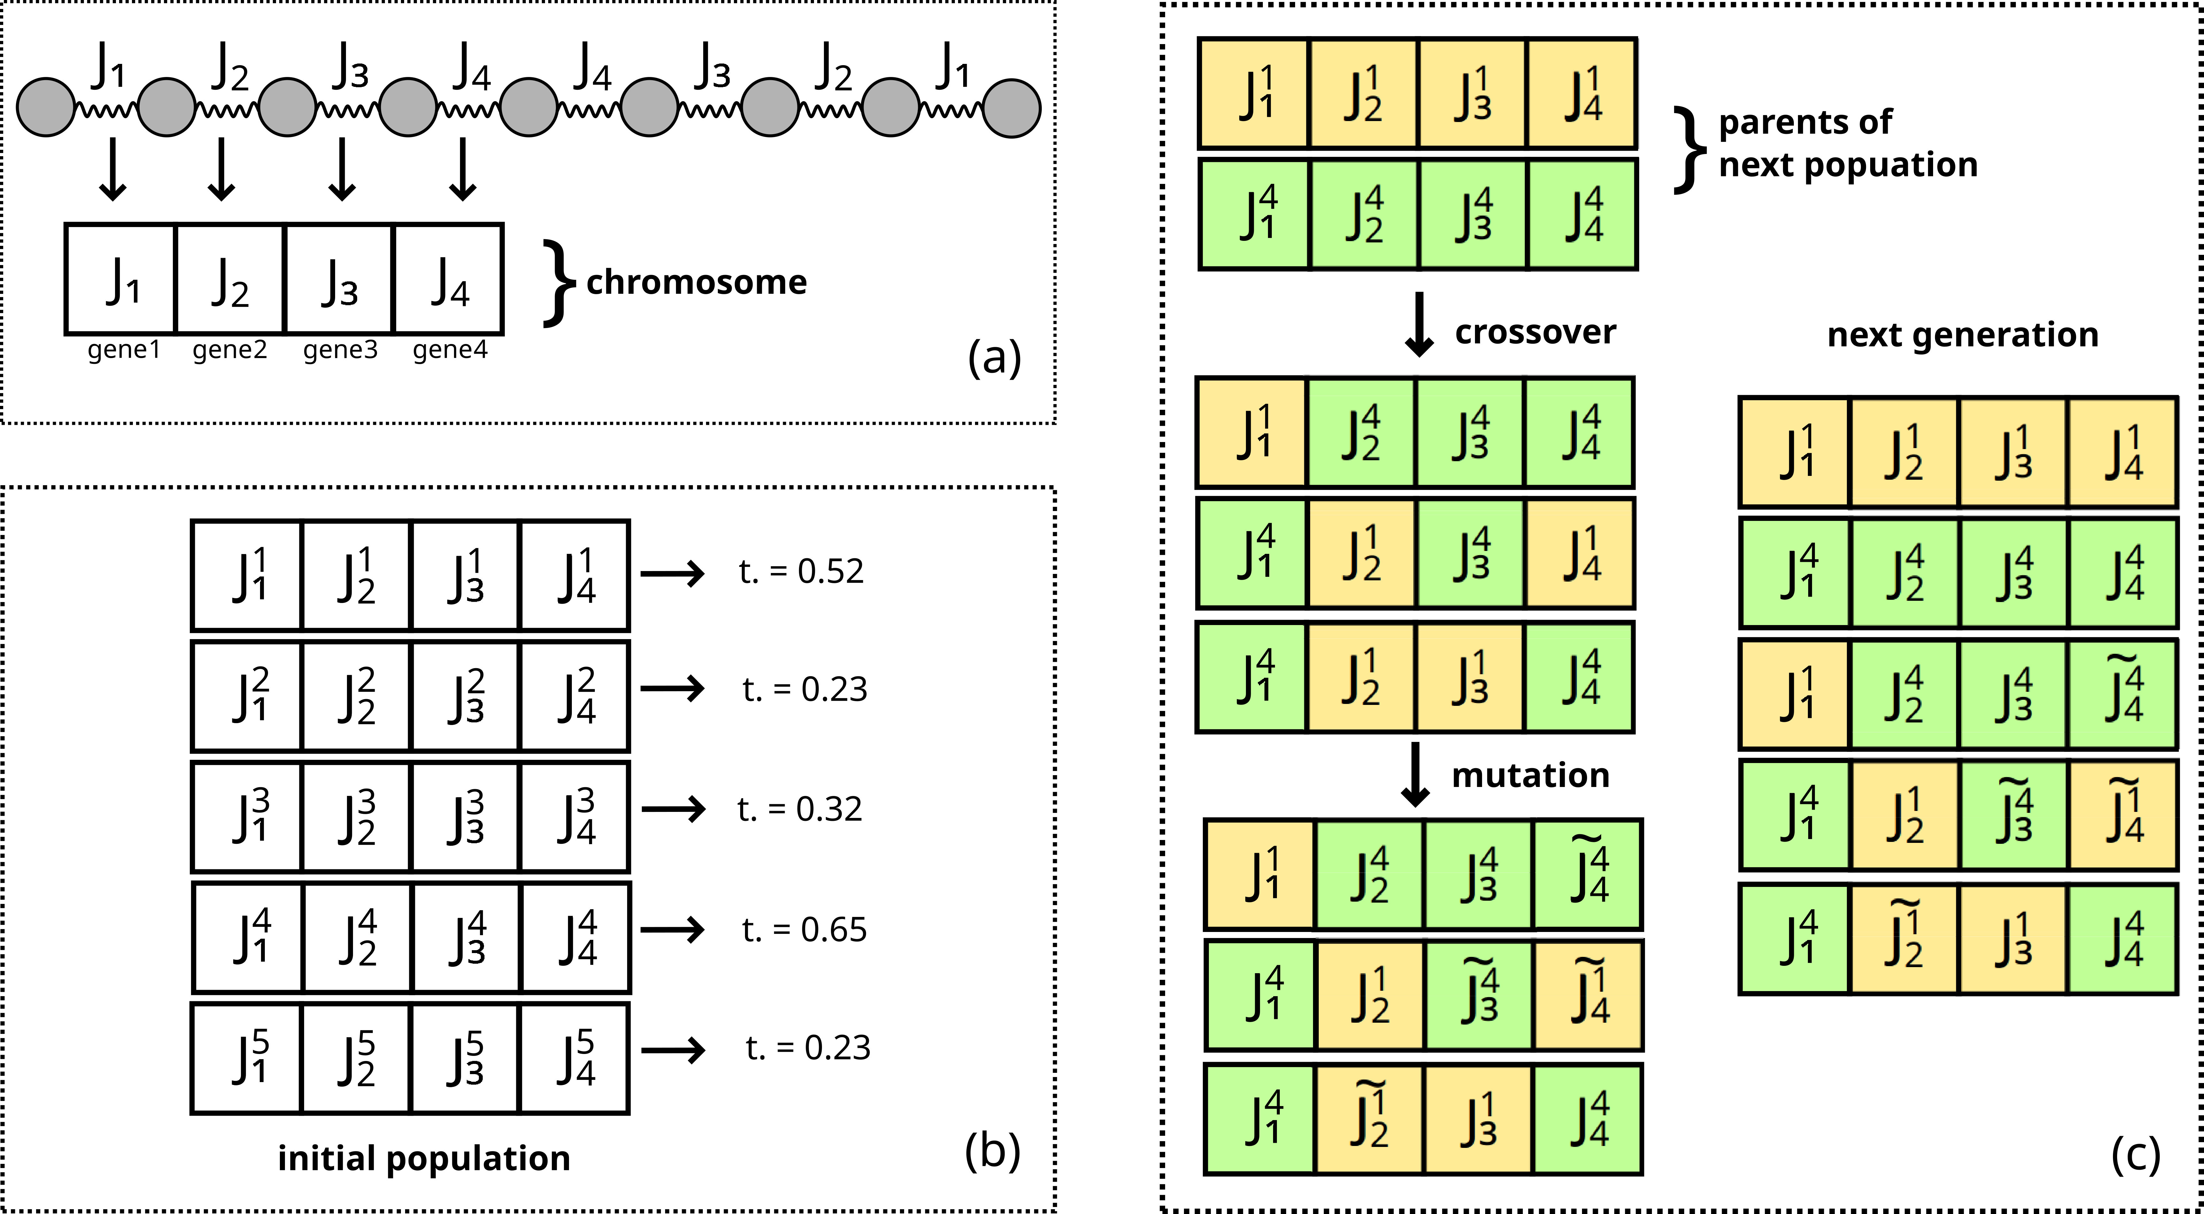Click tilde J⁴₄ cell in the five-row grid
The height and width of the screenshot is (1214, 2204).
[2122, 695]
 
